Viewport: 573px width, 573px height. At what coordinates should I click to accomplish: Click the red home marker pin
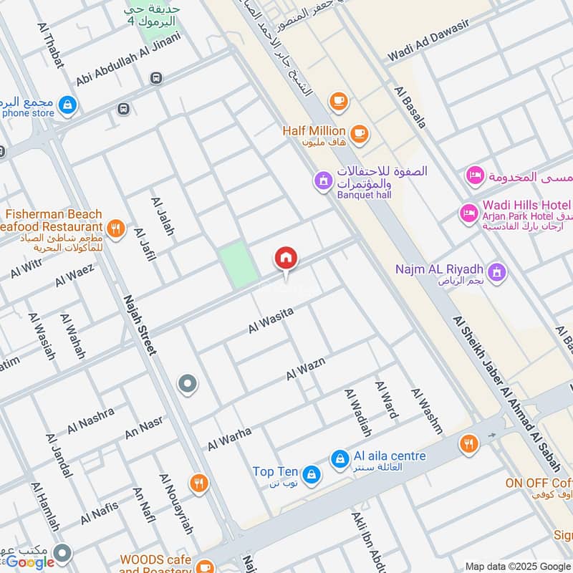pos(286,258)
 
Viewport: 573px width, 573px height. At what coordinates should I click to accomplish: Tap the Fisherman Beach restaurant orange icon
pos(115,230)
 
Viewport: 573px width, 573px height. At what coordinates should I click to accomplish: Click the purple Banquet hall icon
pos(324,179)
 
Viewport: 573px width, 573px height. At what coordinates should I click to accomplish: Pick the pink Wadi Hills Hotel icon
pos(469,213)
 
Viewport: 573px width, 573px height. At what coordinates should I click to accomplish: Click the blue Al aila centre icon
pos(340,458)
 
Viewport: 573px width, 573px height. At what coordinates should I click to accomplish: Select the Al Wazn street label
pos(306,368)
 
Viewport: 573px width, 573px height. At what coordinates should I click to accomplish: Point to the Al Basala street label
pos(410,107)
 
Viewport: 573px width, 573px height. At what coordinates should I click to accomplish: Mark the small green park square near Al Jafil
pos(239,264)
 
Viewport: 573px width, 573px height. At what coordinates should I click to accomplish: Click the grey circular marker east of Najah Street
pos(188,385)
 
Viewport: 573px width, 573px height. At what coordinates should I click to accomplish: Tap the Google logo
pos(30,562)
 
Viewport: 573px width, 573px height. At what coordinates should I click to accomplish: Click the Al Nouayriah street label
pos(177,514)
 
